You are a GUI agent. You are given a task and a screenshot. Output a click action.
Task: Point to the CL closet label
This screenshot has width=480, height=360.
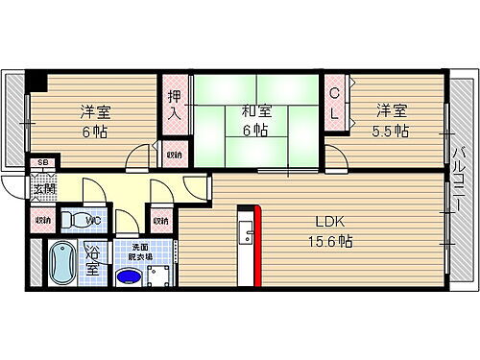334,103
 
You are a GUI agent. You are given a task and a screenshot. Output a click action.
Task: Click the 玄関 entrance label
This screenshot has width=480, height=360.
45,187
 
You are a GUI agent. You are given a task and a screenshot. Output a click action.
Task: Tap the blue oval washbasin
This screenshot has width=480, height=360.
127,278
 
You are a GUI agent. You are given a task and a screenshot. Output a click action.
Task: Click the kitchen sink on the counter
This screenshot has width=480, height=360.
244,234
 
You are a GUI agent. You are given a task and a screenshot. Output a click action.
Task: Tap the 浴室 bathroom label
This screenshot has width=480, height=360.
93,262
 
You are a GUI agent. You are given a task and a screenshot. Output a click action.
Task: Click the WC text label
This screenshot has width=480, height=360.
94,222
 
